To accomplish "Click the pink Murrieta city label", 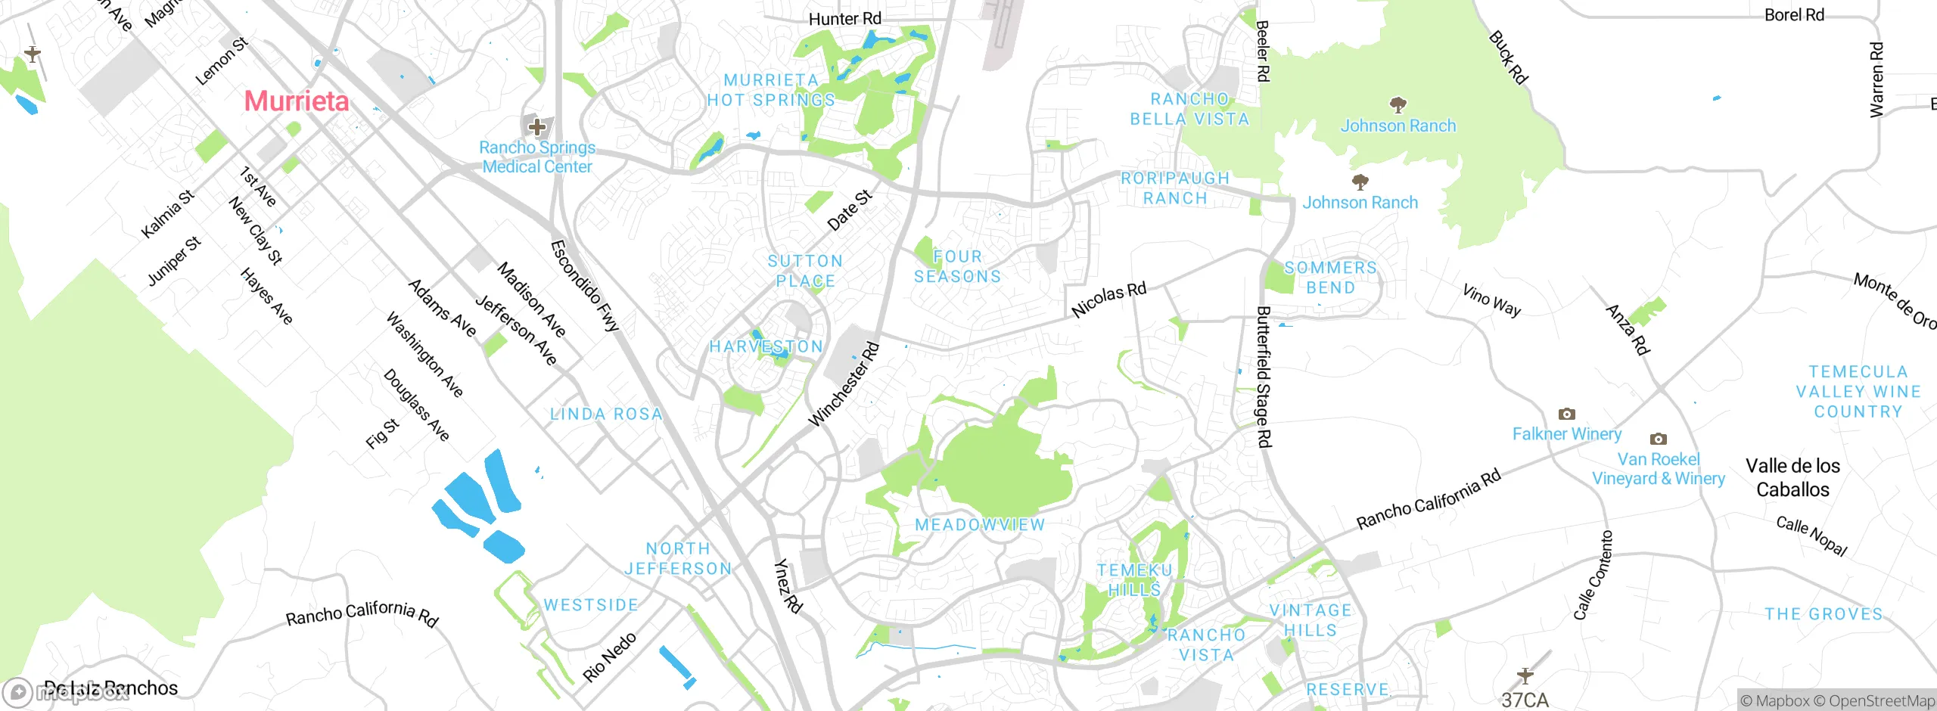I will click(297, 101).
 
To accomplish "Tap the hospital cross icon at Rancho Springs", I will click(537, 126).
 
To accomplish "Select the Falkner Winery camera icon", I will click(1566, 414).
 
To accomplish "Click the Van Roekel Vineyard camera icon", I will click(1658, 439).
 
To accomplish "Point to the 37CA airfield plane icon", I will click(1525, 675).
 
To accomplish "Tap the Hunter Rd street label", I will click(844, 19).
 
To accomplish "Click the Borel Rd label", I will click(1794, 15).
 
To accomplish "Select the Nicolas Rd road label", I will click(1108, 300).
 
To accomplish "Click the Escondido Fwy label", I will click(585, 286).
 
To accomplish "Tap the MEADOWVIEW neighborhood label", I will click(980, 525).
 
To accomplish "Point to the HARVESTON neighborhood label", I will click(766, 346).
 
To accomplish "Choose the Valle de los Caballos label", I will click(1792, 478).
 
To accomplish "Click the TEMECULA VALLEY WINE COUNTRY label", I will click(1858, 392).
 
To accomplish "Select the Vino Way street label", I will click(1491, 300).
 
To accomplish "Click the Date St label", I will click(850, 210).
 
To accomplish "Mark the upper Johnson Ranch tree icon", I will click(1398, 104).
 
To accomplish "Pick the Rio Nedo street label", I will click(609, 657).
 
